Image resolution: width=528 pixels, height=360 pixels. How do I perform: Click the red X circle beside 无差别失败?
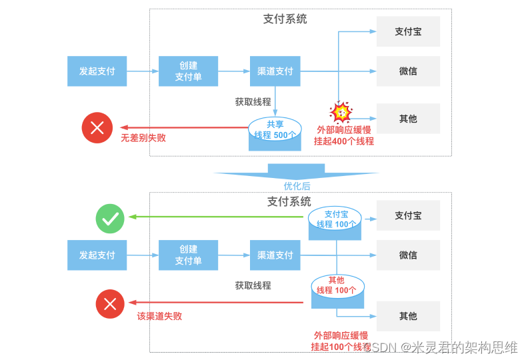click(97, 128)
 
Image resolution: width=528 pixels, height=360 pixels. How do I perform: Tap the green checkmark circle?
click(110, 219)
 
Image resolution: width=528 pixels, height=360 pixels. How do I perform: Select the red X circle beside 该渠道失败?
click(110, 305)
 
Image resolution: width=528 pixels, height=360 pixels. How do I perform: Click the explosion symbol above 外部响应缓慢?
click(341, 111)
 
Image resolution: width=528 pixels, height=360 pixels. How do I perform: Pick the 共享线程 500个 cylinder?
click(275, 133)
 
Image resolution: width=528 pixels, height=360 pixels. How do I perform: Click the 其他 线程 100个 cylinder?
click(337, 292)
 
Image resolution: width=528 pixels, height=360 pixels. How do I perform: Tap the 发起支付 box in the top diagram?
click(97, 71)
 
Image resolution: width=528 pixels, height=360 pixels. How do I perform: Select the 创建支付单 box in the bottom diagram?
click(188, 255)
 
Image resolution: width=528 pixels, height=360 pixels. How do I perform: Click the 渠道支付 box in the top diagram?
click(275, 71)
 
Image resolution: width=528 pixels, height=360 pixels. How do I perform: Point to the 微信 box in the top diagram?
click(408, 71)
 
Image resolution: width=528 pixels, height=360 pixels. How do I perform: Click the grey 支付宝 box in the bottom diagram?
click(408, 216)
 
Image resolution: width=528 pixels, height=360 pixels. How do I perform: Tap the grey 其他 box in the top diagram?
click(408, 119)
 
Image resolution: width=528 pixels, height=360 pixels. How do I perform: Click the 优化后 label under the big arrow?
click(297, 186)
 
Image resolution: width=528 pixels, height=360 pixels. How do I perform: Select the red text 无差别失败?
click(143, 139)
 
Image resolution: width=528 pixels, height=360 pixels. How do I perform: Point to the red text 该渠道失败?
click(159, 316)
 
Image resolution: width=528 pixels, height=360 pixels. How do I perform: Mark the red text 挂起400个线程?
click(344, 141)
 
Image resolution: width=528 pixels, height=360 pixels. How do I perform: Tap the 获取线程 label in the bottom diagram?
click(253, 285)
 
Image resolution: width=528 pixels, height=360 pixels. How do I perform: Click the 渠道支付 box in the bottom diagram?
click(275, 255)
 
